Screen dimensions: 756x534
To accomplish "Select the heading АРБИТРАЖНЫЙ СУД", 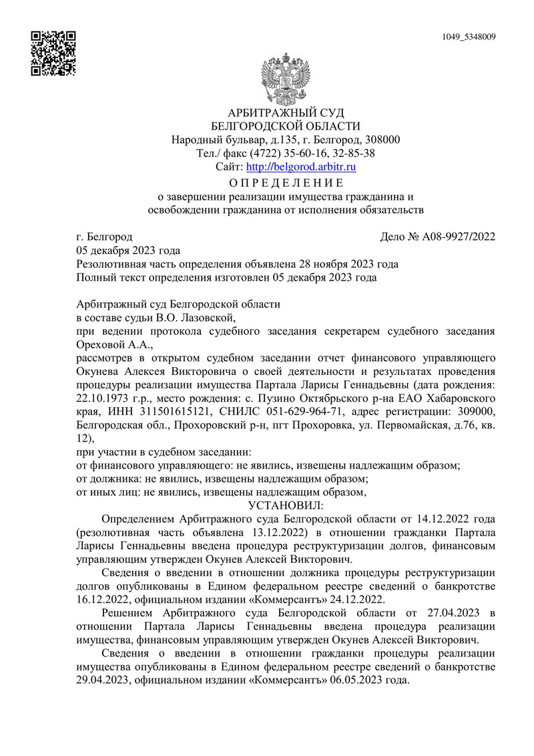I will (x=286, y=112).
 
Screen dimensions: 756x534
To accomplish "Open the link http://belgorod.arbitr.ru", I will (x=302, y=166).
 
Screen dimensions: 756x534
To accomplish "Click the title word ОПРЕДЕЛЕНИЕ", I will (x=286, y=182).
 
